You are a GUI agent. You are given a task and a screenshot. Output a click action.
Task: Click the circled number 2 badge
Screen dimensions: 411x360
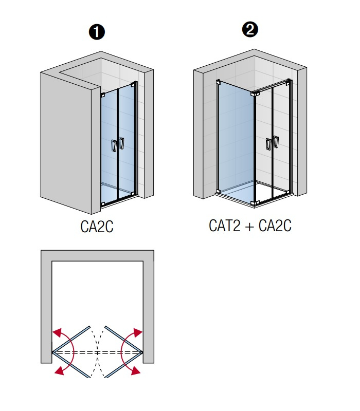tap(250, 30)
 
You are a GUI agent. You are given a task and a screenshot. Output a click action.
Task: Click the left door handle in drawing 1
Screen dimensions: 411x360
tap(114, 146)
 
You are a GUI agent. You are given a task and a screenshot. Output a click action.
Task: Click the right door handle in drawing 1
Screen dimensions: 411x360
tap(122, 143)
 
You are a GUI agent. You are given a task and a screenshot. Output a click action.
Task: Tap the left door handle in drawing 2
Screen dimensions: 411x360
tap(268, 144)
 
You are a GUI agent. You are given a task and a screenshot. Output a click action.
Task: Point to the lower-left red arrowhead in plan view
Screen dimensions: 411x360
tap(60, 370)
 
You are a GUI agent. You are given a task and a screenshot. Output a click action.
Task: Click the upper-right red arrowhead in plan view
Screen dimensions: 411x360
tap(138, 331)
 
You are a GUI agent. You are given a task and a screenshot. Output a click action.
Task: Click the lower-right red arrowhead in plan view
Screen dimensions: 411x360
tap(135, 371)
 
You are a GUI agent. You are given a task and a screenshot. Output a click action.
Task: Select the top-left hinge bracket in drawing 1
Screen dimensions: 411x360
tap(103, 95)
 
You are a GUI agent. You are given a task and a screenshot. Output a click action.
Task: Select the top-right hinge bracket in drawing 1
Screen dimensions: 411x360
tap(134, 83)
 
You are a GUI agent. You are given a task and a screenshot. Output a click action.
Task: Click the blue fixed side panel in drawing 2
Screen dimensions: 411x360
tap(236, 139)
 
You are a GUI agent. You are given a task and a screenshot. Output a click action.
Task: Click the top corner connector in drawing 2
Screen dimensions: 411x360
tap(255, 94)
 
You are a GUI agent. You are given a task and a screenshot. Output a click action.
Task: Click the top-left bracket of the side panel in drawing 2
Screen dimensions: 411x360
tap(219, 82)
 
